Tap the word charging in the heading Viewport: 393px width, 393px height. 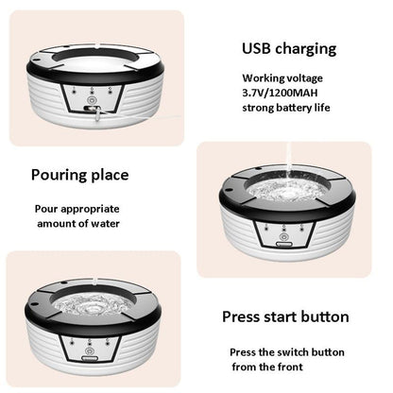[x=305, y=49]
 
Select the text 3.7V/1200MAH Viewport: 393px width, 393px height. [x=280, y=93]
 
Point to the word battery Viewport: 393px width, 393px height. [x=290, y=108]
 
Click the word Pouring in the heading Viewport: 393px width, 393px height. [x=59, y=175]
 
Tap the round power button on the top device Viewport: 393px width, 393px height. [x=92, y=100]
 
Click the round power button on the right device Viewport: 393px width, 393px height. [x=284, y=236]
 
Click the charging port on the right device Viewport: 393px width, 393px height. [x=284, y=245]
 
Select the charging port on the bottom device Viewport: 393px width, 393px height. [x=90, y=358]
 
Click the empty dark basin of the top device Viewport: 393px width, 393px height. [x=94, y=56]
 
